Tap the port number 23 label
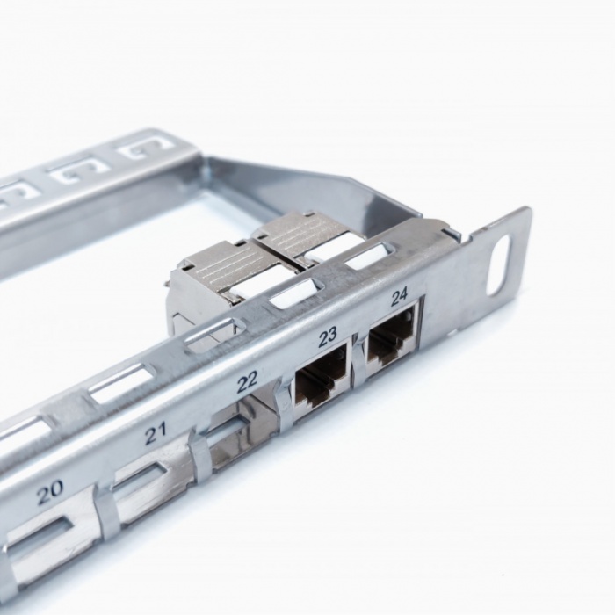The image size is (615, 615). tap(328, 336)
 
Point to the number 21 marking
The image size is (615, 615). tap(156, 433)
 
